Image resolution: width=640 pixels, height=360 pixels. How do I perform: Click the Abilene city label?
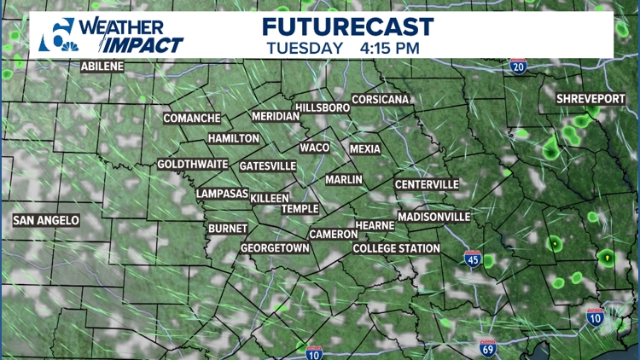point(102,66)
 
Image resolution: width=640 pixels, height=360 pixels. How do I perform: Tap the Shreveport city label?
point(591,100)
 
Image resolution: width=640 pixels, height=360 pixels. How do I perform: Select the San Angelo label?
point(46,220)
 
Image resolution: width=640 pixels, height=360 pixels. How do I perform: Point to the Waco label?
point(314,148)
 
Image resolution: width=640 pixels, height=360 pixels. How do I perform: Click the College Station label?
point(397,248)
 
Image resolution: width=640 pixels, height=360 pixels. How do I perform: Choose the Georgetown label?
point(274,247)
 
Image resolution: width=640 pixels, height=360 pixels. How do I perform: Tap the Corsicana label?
point(381,100)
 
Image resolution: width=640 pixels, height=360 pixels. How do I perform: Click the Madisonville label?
point(433,217)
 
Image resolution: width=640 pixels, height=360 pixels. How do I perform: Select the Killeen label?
point(270,198)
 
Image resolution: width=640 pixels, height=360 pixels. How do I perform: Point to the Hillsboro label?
point(323,108)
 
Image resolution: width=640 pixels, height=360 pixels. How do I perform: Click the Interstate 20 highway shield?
point(518,66)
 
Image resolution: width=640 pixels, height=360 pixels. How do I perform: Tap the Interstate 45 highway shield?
point(474,258)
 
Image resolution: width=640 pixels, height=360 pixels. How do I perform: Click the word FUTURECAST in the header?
point(347,26)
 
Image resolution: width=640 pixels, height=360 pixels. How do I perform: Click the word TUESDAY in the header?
point(305,49)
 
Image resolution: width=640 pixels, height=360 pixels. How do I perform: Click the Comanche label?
point(192,119)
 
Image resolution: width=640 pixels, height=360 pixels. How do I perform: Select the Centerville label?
point(427,184)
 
